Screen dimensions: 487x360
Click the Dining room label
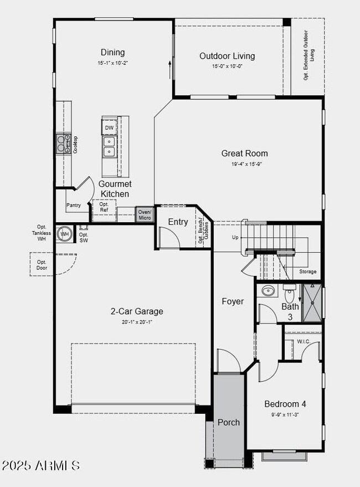[x=112, y=53]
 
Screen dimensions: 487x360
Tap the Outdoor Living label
[x=227, y=56]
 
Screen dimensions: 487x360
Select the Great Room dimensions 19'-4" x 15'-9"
[x=244, y=164]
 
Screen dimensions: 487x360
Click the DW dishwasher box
[x=109, y=128]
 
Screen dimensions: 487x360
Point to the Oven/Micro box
[x=145, y=214]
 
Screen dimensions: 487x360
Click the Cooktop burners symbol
[x=61, y=144]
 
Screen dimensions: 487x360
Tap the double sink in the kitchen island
[x=109, y=146]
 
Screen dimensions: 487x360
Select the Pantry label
[x=74, y=206]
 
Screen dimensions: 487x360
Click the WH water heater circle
[x=65, y=234]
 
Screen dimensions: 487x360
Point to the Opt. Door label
[x=42, y=265]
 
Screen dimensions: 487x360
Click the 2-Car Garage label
[x=137, y=311]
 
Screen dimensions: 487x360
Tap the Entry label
[x=178, y=222]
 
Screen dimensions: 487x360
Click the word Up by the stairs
[x=235, y=237]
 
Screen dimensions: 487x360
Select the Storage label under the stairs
[x=308, y=271]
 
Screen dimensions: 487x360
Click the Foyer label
[x=233, y=301]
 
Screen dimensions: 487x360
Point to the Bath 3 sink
[x=268, y=290]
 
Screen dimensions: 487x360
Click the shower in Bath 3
[x=312, y=303]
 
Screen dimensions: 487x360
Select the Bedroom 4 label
[x=285, y=404]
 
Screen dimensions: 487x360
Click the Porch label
[x=228, y=422]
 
